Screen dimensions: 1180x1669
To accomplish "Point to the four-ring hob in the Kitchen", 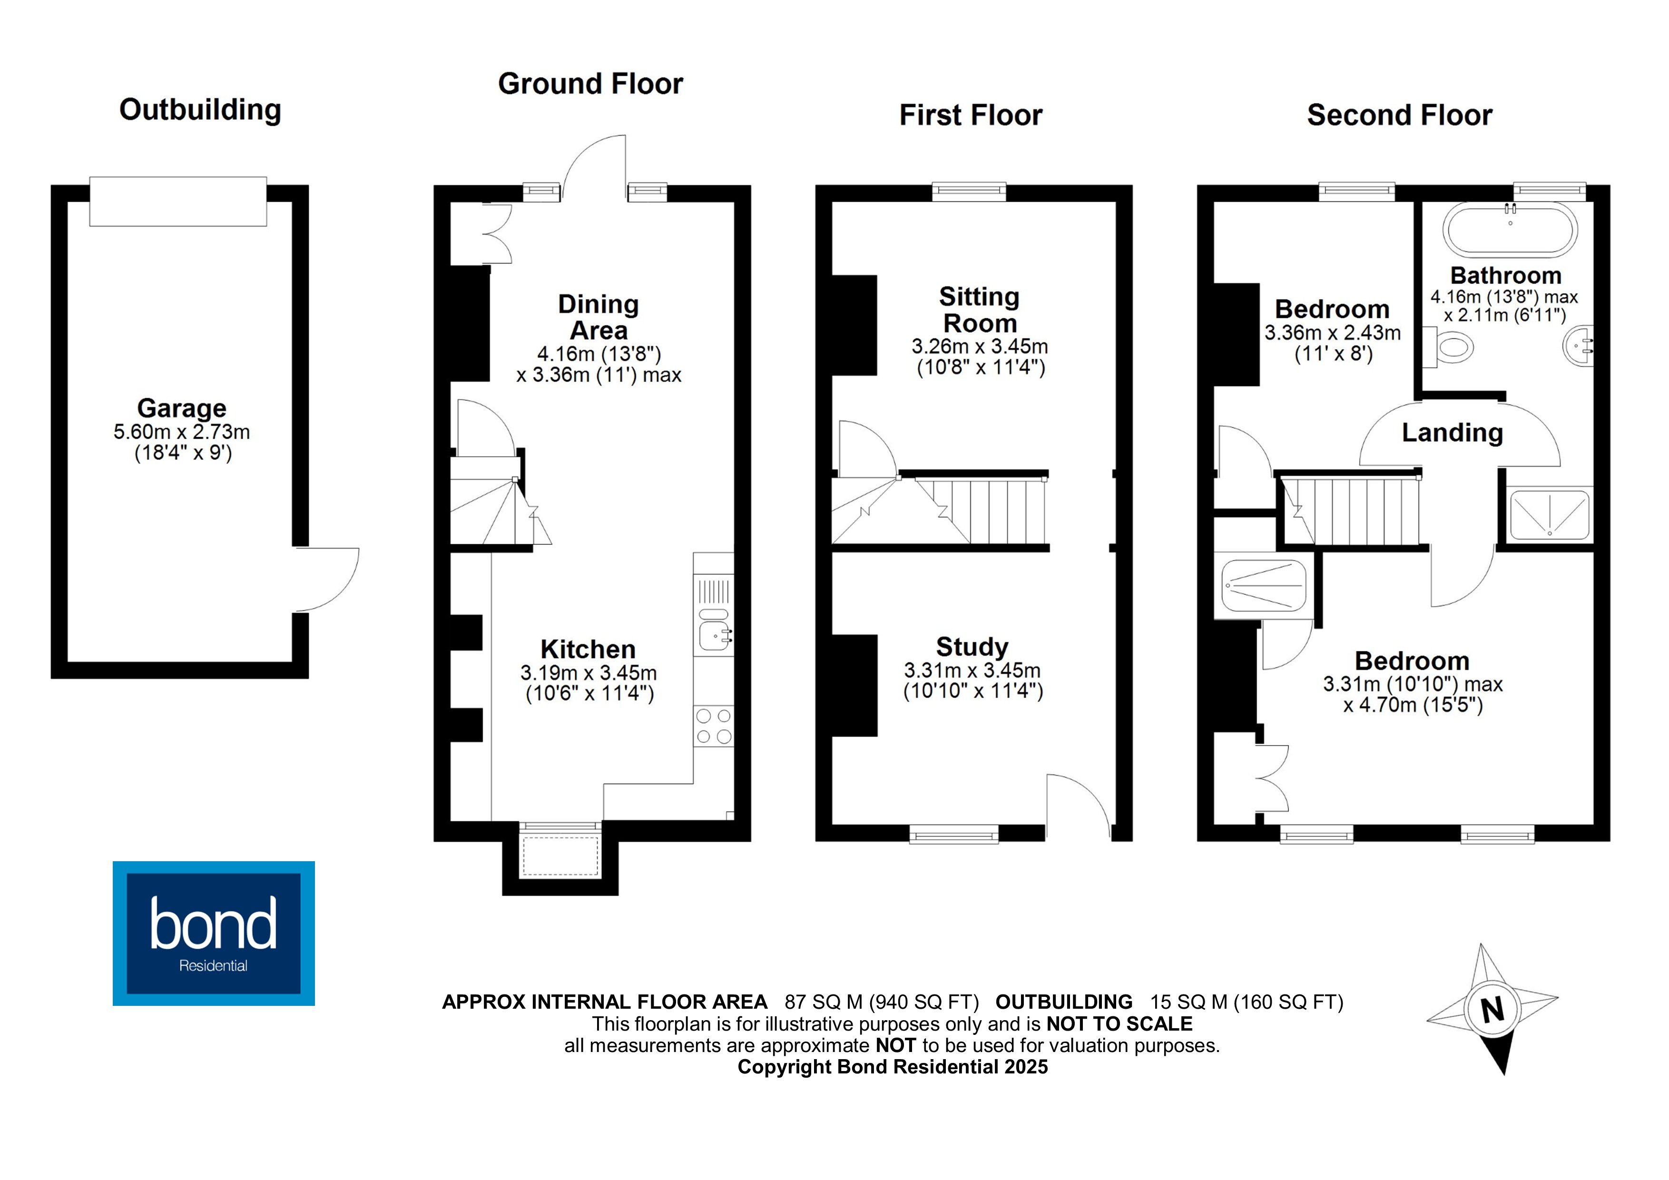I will [714, 727].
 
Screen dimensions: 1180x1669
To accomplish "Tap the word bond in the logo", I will [213, 924].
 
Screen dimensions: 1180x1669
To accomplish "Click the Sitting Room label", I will [979, 310].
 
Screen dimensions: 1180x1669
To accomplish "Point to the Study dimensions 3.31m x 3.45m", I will [972, 670].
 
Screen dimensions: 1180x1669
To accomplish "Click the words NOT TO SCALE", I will [1119, 1023].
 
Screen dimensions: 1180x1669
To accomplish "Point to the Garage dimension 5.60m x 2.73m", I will [182, 432].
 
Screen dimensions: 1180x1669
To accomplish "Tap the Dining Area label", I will [598, 317].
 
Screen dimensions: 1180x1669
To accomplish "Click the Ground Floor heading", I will [590, 84].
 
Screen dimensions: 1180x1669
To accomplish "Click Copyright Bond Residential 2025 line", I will [892, 1067].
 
